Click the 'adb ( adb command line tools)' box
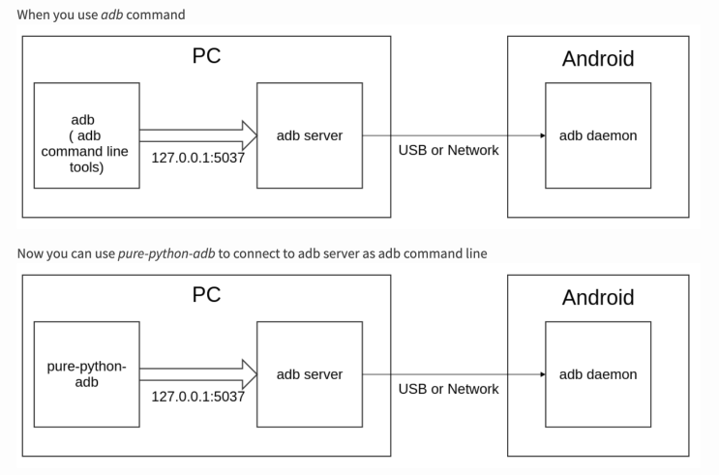(86, 135)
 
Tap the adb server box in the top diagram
(310, 135)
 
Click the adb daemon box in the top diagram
(598, 135)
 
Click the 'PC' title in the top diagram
(206, 56)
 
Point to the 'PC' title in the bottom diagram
(206, 295)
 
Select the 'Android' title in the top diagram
(598, 59)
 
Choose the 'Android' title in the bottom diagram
(598, 298)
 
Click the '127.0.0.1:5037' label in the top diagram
(197, 157)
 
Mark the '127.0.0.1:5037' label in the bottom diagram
(197, 396)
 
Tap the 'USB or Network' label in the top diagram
(449, 150)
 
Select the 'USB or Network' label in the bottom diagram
(449, 389)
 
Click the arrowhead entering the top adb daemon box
(541, 135)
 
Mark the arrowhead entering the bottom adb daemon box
(541, 374)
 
